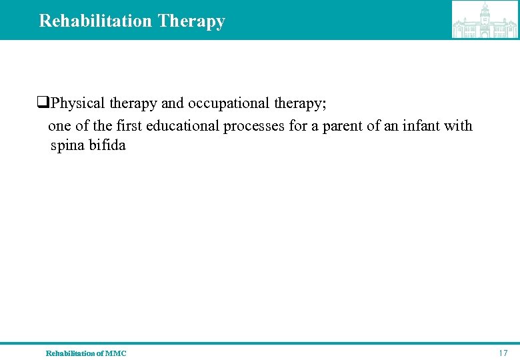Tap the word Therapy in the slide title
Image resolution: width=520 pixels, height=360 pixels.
pos(191,21)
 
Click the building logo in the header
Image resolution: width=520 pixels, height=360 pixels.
pos(485,20)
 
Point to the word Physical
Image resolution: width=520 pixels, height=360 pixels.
pos(78,104)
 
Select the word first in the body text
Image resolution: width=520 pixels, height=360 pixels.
pos(129,125)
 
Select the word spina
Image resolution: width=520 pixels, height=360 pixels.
pos(67,145)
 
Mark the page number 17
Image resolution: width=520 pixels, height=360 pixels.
pos(503,353)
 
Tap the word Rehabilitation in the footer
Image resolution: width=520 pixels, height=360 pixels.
pos(70,353)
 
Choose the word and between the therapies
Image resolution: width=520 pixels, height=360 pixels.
pos(173,104)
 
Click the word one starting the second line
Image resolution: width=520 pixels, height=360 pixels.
pos(59,125)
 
